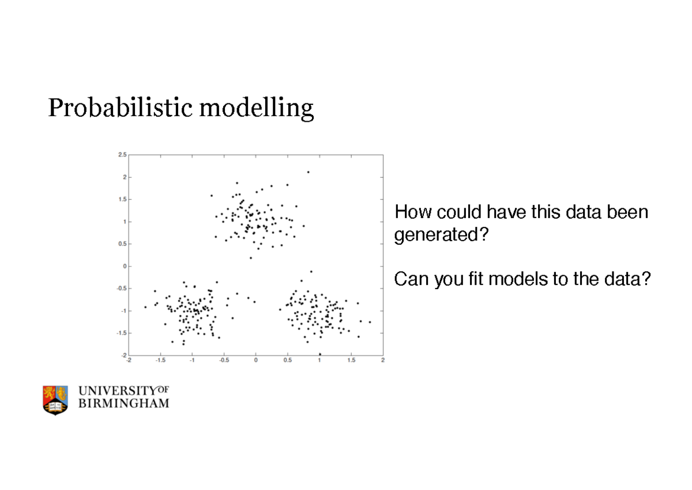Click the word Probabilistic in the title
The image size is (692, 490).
click(x=120, y=108)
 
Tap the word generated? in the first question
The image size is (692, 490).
click(x=442, y=235)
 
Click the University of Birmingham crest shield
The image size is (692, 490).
click(x=55, y=401)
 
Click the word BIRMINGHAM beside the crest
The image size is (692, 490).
click(x=124, y=403)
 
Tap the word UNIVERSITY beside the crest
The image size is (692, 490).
click(x=118, y=391)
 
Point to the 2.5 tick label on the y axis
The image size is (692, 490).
click(x=122, y=155)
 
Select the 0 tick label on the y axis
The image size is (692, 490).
click(x=125, y=266)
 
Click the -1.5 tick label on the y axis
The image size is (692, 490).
click(x=122, y=333)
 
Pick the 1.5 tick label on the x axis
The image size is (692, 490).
click(x=351, y=360)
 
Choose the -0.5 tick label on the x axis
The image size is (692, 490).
click(x=224, y=360)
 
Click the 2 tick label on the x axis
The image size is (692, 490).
click(x=383, y=360)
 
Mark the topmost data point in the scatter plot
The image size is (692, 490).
click(x=308, y=172)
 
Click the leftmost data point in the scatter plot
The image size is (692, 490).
click(x=145, y=307)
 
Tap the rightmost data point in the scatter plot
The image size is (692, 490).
click(x=370, y=322)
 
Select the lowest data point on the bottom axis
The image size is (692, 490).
click(x=319, y=354)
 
